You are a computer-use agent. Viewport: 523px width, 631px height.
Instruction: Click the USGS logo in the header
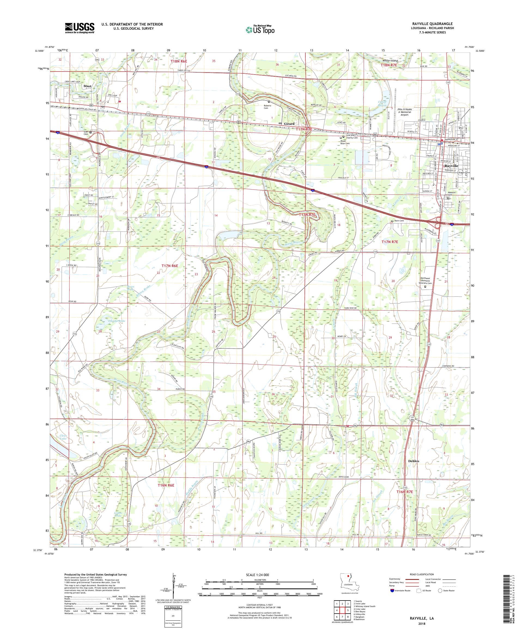click(80, 28)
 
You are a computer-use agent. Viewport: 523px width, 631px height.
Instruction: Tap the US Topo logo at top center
click(260, 29)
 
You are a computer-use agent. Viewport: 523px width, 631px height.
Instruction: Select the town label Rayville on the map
click(451, 166)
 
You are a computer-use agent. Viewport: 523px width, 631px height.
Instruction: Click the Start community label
click(87, 86)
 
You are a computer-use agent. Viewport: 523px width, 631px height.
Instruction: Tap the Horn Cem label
click(399, 221)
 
